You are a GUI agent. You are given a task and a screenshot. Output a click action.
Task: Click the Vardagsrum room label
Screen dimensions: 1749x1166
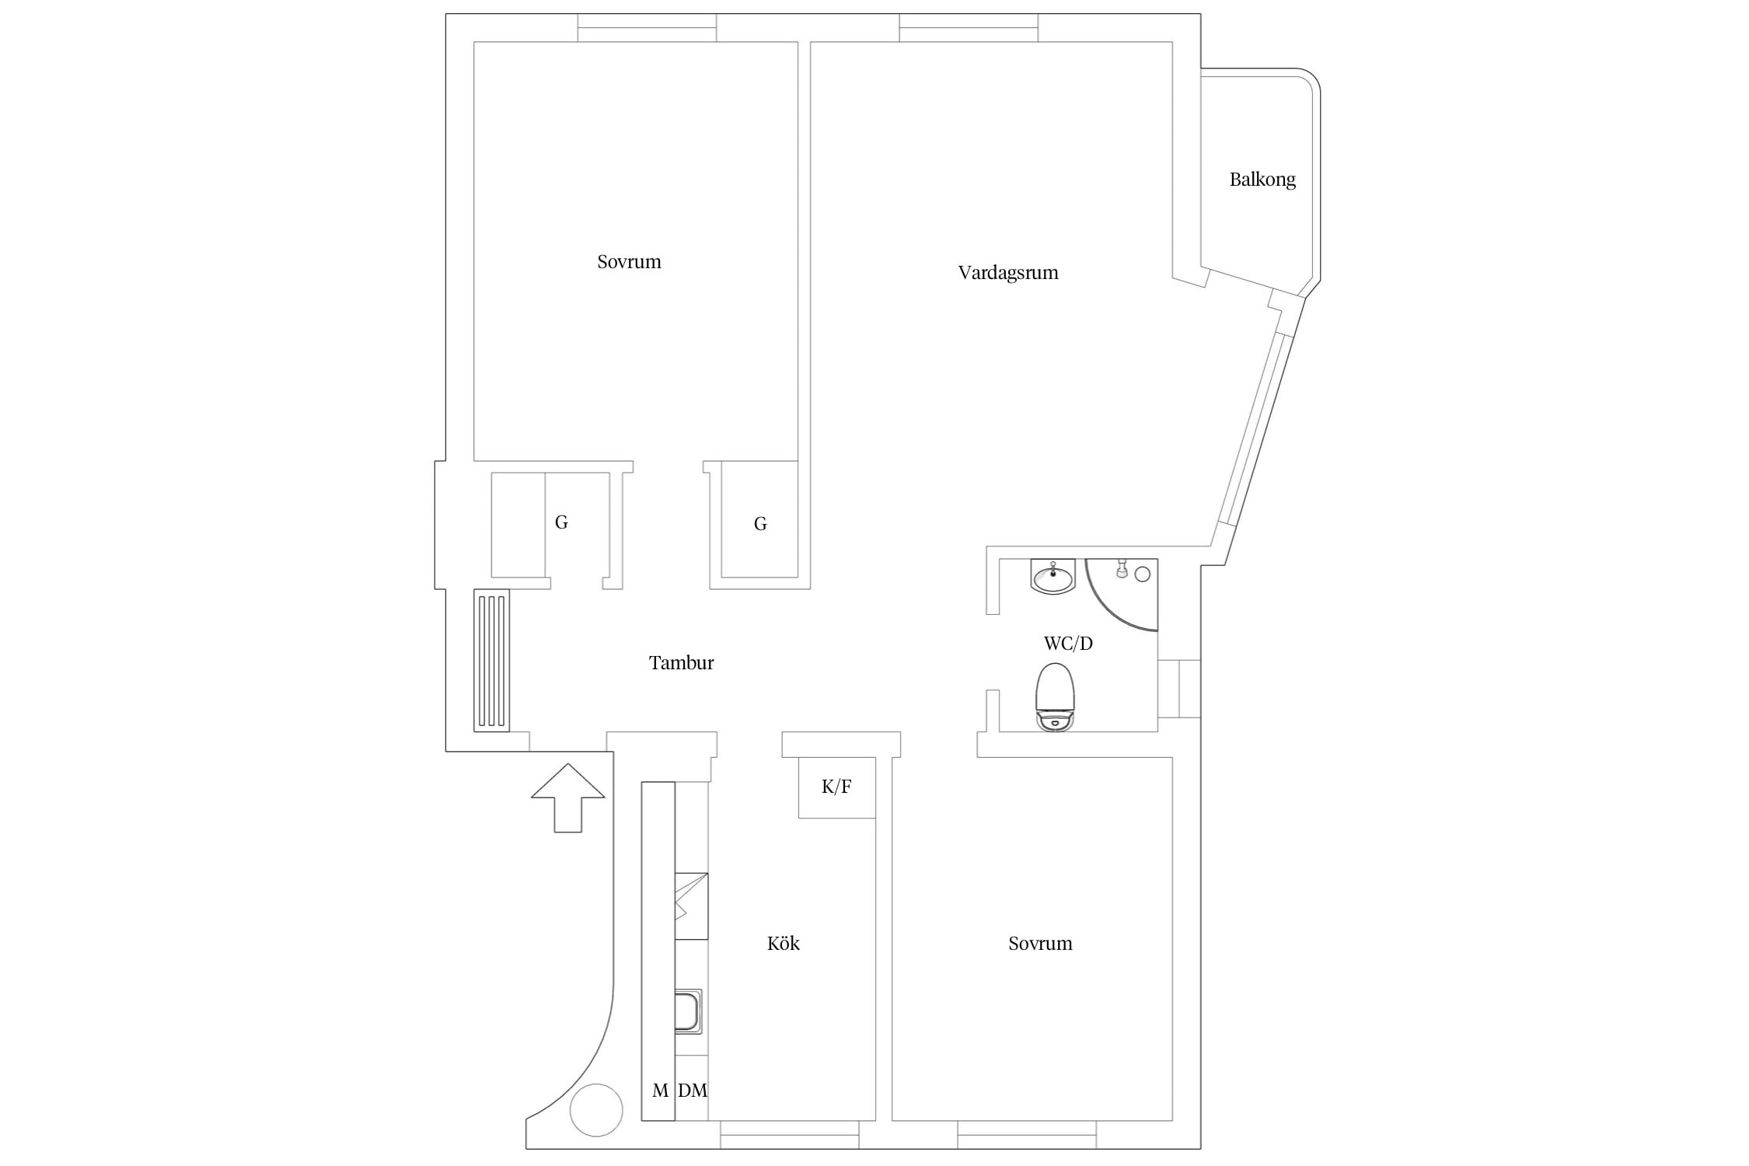1007,273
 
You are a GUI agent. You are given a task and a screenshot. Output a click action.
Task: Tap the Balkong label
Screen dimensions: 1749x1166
1262,180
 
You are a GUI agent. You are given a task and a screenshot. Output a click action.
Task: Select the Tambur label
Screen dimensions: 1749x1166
681,663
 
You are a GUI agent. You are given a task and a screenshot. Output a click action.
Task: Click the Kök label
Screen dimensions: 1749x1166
783,943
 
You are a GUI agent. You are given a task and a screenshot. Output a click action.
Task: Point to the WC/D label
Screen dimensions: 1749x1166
1068,644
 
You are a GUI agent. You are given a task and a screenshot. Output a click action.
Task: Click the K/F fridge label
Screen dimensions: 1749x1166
836,787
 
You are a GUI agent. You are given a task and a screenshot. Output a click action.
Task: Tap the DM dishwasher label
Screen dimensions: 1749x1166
693,1091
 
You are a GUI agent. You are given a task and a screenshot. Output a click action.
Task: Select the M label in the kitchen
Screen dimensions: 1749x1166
660,1091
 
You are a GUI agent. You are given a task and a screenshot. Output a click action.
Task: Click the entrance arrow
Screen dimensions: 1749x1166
568,798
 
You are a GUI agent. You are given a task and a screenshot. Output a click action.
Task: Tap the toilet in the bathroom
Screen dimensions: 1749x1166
1055,696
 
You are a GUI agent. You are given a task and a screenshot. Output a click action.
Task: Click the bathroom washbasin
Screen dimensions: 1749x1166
1053,576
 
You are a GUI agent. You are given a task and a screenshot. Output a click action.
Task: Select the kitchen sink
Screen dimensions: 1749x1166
689,1011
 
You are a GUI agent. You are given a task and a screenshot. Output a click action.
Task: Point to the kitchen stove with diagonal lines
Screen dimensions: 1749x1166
691,906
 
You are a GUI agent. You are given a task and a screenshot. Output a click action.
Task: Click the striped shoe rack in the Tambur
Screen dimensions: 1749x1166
491,661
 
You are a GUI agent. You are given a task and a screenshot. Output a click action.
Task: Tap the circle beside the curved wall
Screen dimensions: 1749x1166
596,1111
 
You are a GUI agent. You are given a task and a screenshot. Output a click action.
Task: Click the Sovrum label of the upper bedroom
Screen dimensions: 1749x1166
629,262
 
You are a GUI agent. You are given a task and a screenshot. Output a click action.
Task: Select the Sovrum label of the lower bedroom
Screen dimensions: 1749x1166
1040,944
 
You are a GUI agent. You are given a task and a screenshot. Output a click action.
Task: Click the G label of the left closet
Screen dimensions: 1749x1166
561,522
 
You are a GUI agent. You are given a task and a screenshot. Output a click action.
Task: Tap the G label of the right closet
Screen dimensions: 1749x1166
760,524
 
